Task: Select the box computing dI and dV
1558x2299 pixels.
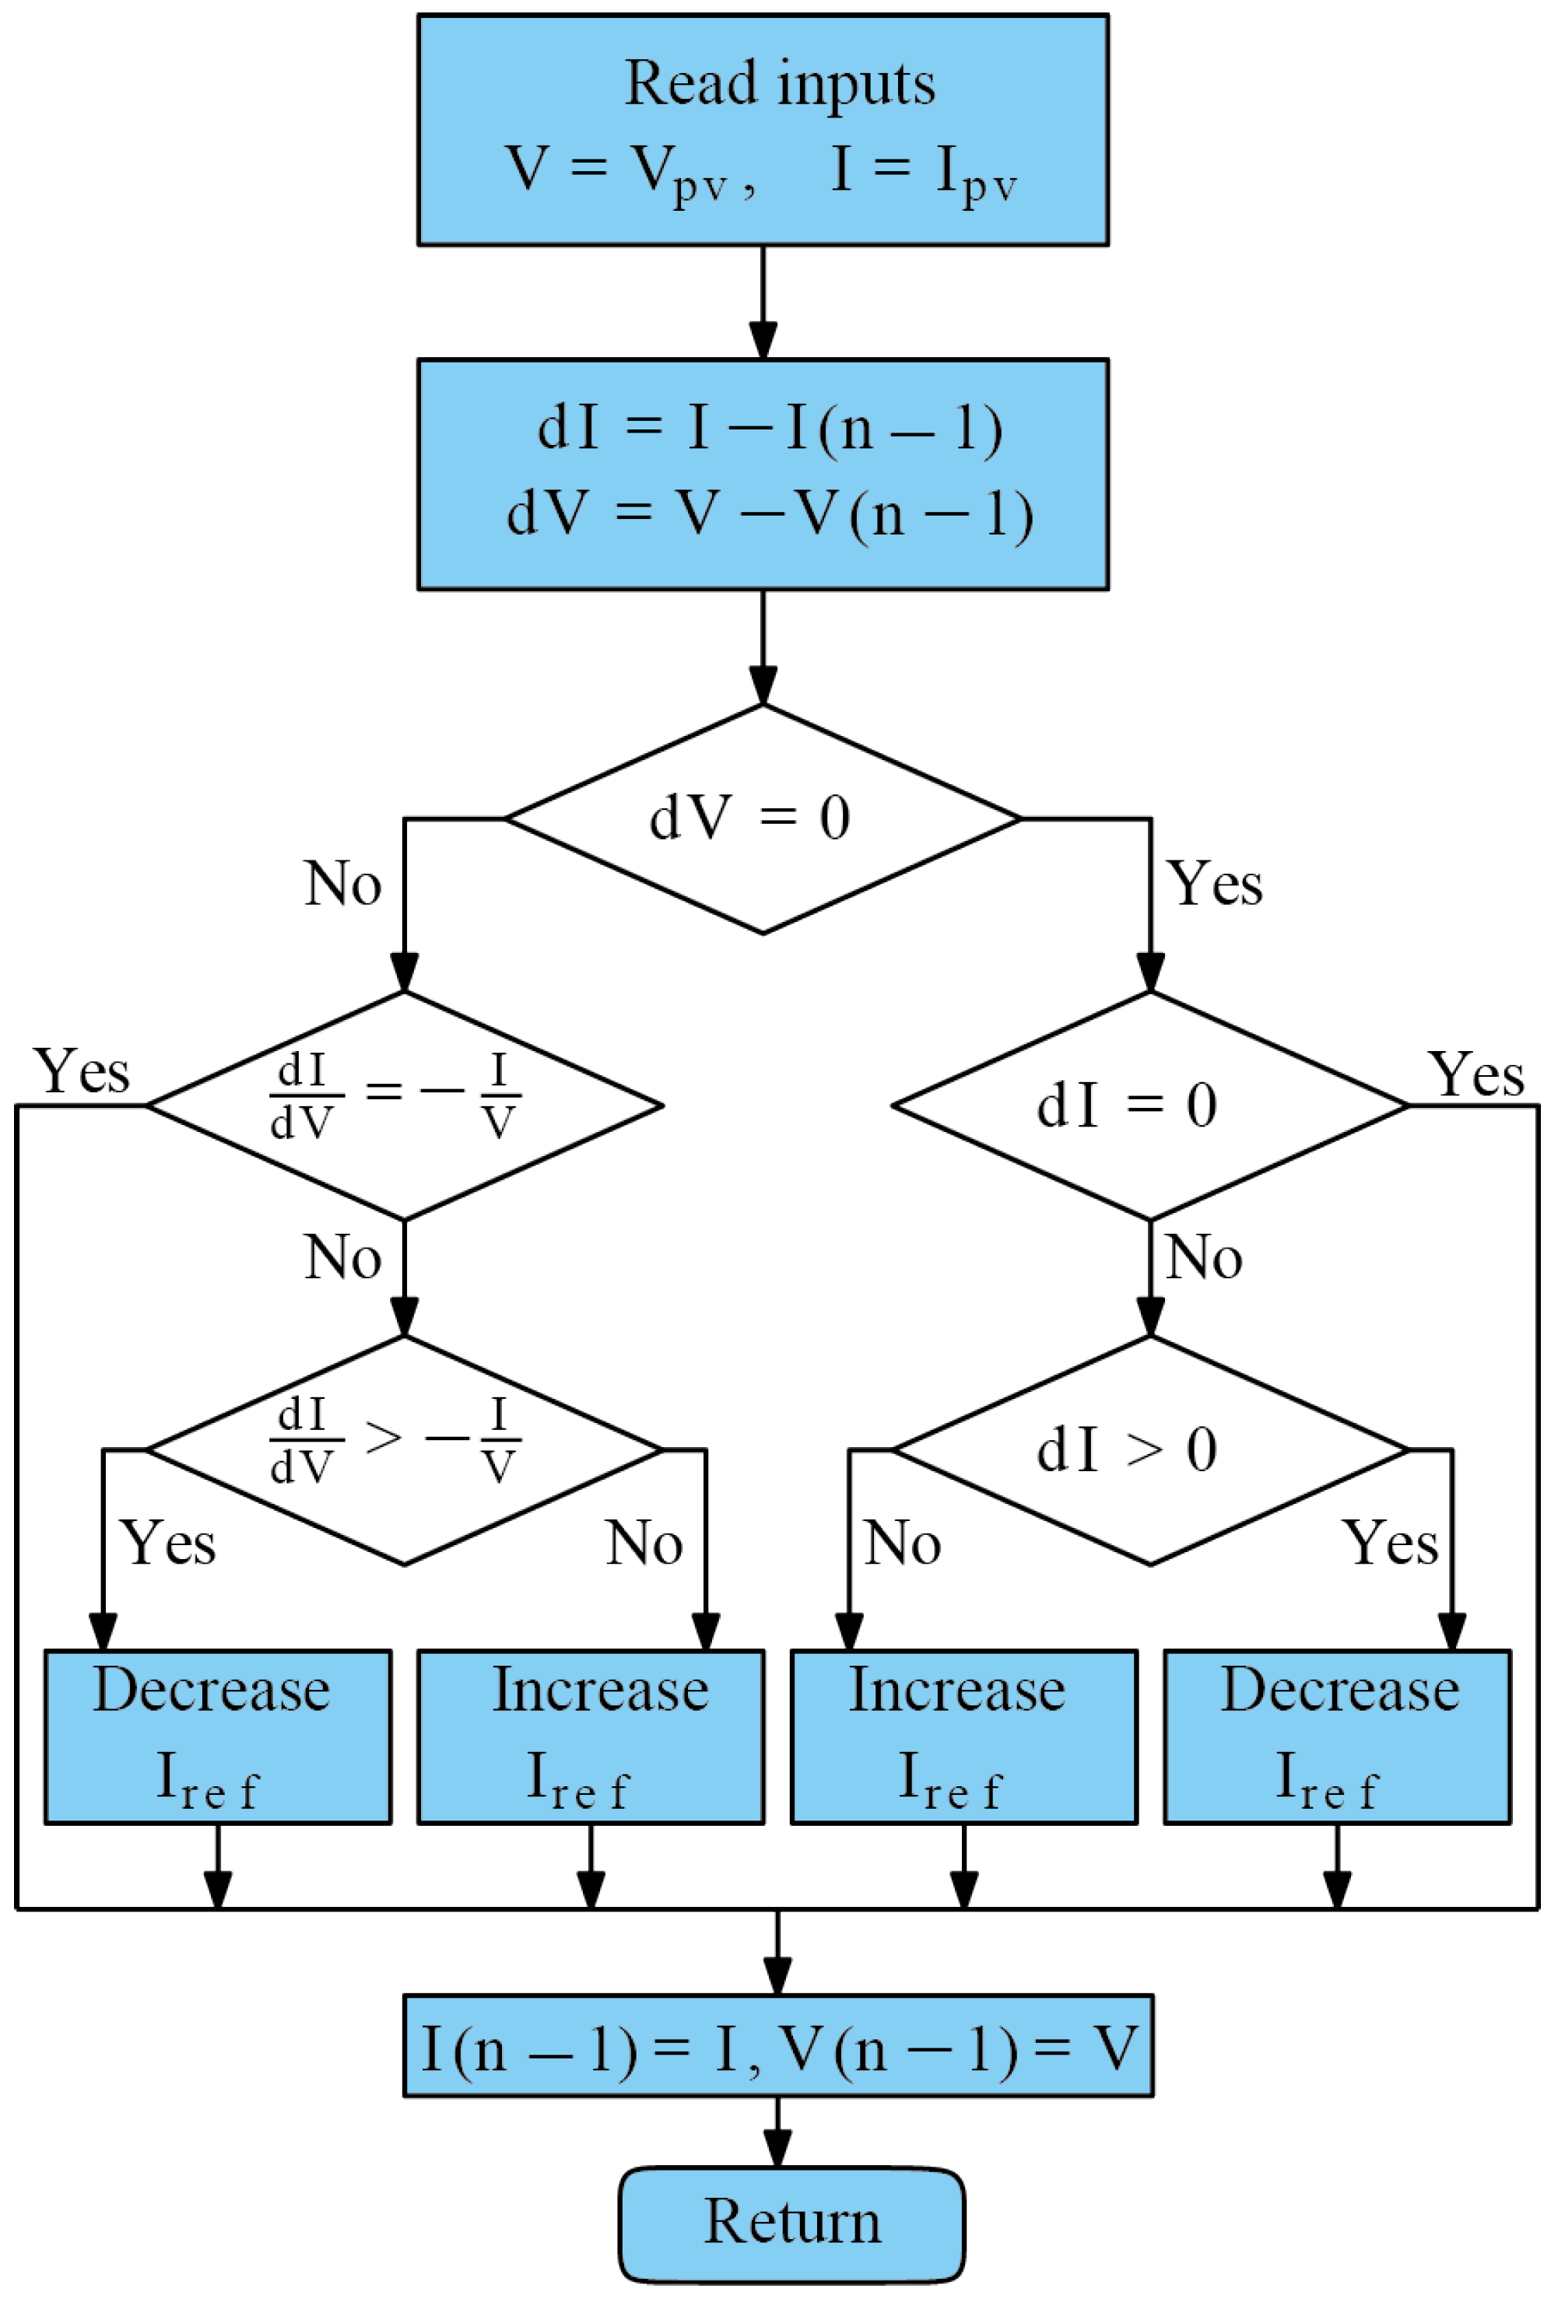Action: coord(762,474)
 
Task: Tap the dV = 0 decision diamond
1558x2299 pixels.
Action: coord(762,818)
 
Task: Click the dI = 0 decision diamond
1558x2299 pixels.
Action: coord(1149,1105)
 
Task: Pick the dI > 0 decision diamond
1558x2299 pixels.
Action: coord(1149,1450)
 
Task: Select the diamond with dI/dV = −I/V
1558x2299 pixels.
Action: coord(404,1105)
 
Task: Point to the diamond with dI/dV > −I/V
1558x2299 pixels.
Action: coord(404,1450)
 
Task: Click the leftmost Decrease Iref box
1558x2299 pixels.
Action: coord(218,1738)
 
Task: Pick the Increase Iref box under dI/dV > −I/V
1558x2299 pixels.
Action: coord(591,1738)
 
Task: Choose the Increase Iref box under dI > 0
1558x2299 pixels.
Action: coord(963,1738)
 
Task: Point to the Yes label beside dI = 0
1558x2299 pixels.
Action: coord(1475,1074)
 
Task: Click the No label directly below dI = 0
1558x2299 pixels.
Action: coord(1203,1258)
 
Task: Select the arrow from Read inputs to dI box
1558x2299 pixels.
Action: coord(762,302)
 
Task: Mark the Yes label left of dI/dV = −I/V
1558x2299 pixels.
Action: coord(81,1071)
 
